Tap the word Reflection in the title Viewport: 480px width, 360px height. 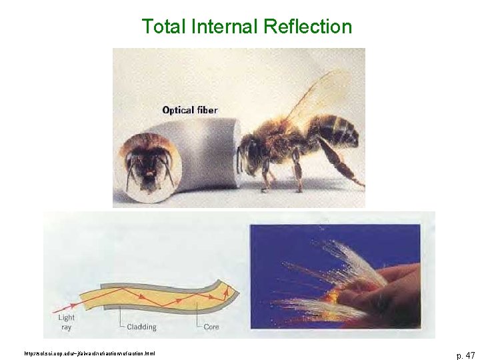coord(307,27)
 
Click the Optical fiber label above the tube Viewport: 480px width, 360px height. coord(189,110)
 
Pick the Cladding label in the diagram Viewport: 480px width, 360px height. coord(141,327)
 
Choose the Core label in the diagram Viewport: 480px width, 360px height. coord(211,327)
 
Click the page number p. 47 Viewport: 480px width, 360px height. coord(465,355)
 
